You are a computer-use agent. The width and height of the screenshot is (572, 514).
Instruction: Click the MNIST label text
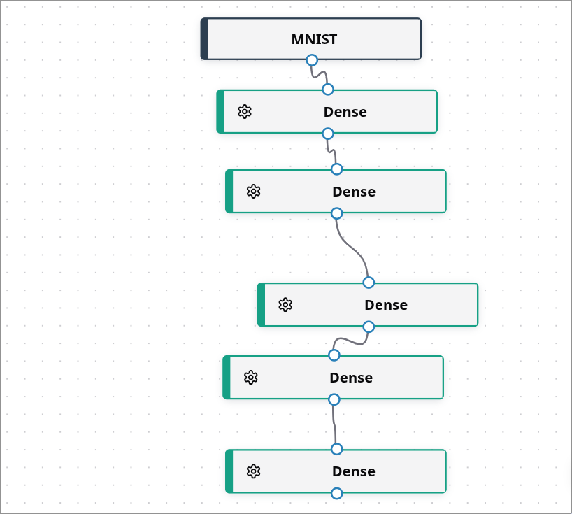click(x=314, y=39)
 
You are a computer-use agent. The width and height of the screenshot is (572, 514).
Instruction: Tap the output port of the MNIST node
click(x=312, y=60)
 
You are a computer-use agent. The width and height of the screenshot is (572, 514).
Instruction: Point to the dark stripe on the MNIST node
click(x=204, y=39)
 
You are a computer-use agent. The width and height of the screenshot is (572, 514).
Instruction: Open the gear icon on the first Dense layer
click(x=244, y=112)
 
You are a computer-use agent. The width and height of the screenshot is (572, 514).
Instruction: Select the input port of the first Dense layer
click(x=328, y=90)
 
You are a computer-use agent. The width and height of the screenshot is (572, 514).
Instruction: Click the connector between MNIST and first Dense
click(x=320, y=75)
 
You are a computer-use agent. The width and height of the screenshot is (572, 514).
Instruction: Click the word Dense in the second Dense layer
click(x=354, y=192)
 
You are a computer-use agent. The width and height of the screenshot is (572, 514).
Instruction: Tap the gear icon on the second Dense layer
click(x=253, y=192)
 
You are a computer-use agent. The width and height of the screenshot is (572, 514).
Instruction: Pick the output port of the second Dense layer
click(x=336, y=213)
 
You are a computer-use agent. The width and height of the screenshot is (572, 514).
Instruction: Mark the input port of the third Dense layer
click(x=369, y=283)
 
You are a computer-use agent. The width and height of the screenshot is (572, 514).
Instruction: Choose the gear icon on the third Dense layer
click(x=285, y=305)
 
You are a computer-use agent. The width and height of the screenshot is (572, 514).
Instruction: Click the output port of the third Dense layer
click(x=369, y=327)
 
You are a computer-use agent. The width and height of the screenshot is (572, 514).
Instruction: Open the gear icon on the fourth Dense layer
click(x=250, y=378)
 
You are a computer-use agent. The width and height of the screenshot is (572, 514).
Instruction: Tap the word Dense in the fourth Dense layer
click(x=351, y=378)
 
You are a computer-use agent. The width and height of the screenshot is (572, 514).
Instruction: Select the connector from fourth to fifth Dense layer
click(x=334, y=424)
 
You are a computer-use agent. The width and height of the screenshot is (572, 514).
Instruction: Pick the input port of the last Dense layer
click(x=336, y=449)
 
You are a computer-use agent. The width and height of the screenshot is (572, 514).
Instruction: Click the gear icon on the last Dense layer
click(x=253, y=471)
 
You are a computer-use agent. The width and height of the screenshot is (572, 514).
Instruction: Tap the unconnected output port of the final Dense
click(x=336, y=493)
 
